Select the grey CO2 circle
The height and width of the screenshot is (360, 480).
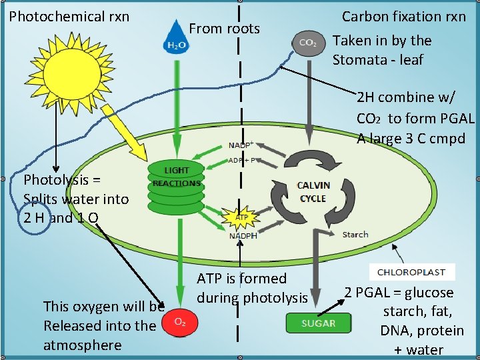(308, 42)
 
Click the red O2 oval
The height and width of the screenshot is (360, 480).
(179, 321)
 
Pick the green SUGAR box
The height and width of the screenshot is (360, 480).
(319, 323)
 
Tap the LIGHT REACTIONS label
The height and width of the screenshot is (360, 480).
(176, 177)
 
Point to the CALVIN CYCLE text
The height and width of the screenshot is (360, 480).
(313, 191)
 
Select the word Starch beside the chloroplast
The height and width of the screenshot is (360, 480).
(355, 235)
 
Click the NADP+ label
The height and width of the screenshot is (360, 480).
(240, 145)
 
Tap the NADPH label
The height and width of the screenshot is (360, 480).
(243, 235)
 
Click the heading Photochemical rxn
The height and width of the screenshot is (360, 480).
(60, 16)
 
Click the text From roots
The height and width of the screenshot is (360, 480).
(225, 28)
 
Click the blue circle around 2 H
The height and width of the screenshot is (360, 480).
(33, 218)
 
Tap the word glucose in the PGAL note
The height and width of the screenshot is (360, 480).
(429, 293)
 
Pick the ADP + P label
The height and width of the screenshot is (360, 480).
(244, 161)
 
